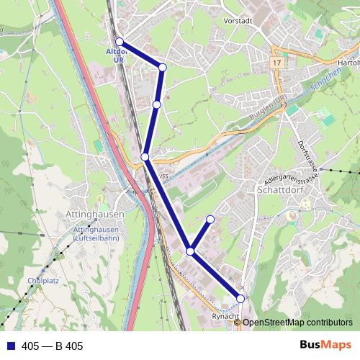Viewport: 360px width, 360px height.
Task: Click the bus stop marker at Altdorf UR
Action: [x=120, y=42]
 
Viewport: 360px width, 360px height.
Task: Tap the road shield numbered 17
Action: [x=276, y=63]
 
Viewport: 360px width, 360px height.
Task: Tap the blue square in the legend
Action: [x=11, y=346]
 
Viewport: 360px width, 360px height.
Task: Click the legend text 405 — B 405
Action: [x=53, y=346]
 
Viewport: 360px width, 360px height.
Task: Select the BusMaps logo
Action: [x=325, y=346]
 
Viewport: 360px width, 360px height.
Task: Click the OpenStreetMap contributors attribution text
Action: [x=297, y=323]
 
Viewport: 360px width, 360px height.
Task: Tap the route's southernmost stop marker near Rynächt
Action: [x=240, y=298]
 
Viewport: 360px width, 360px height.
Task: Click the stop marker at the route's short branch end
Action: [x=210, y=219]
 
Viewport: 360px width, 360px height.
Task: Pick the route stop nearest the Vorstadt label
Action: [x=163, y=67]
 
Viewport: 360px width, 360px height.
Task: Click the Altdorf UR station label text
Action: [x=118, y=56]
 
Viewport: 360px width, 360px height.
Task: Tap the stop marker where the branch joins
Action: [x=190, y=251]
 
